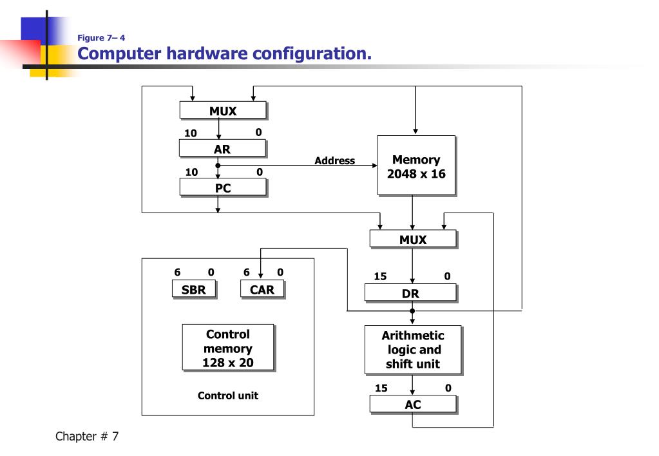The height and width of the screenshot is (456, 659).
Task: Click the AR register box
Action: click(x=222, y=149)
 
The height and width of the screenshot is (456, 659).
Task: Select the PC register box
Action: click(x=222, y=188)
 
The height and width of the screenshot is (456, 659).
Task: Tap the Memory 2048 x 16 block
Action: click(x=416, y=166)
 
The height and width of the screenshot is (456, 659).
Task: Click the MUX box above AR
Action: click(x=222, y=111)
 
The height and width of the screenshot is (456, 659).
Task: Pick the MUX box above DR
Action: click(x=412, y=240)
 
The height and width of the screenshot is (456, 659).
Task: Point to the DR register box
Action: click(x=410, y=294)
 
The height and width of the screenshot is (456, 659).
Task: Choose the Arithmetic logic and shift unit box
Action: click(x=412, y=350)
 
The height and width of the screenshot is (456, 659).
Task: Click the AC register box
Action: click(x=412, y=404)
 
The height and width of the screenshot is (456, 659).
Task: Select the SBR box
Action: click(x=193, y=290)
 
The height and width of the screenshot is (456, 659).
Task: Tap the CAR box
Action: click(x=262, y=290)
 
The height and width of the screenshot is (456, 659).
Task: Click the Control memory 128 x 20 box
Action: click(x=227, y=348)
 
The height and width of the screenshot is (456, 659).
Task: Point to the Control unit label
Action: click(x=227, y=395)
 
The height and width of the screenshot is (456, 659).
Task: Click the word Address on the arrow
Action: click(x=334, y=160)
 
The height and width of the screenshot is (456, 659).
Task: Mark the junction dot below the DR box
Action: click(x=412, y=310)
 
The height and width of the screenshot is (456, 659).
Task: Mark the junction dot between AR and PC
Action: click(x=218, y=166)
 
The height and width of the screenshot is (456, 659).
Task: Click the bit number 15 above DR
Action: click(x=380, y=276)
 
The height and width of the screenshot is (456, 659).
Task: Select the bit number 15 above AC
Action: click(x=381, y=388)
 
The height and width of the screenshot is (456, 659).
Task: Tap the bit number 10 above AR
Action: click(x=191, y=133)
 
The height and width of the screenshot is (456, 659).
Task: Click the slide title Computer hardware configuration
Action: click(x=225, y=53)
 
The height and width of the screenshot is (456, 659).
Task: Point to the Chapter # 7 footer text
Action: click(x=87, y=437)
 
